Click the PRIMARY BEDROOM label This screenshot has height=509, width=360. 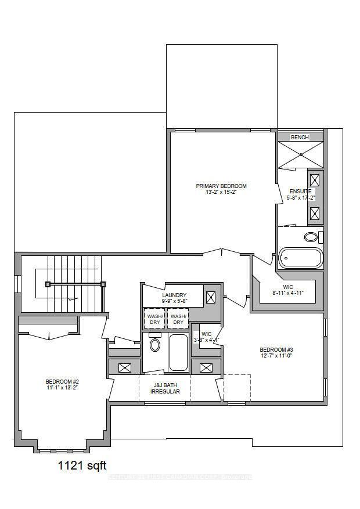coord(221,186)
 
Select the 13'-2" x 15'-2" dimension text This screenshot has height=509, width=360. coord(221,192)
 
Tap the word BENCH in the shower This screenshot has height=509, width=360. coord(300,137)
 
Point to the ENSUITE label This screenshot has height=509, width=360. coord(301,191)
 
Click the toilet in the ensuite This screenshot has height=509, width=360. coord(312,237)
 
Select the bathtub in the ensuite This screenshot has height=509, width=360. coord(300,258)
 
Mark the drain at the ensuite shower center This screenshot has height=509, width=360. coord(301,154)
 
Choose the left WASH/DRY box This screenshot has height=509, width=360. coord(154,319)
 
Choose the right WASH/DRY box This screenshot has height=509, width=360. coord(178,319)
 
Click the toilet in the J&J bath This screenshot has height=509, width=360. coord(155,345)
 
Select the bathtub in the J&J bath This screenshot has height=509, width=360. coord(178,352)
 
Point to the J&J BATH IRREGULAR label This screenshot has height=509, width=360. coord(165,388)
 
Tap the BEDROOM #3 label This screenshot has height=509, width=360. coord(276,349)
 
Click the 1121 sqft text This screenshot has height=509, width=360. coord(81,465)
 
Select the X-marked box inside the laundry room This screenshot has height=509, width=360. coord(211,298)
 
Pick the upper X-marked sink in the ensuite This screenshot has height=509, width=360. coord(315,180)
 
